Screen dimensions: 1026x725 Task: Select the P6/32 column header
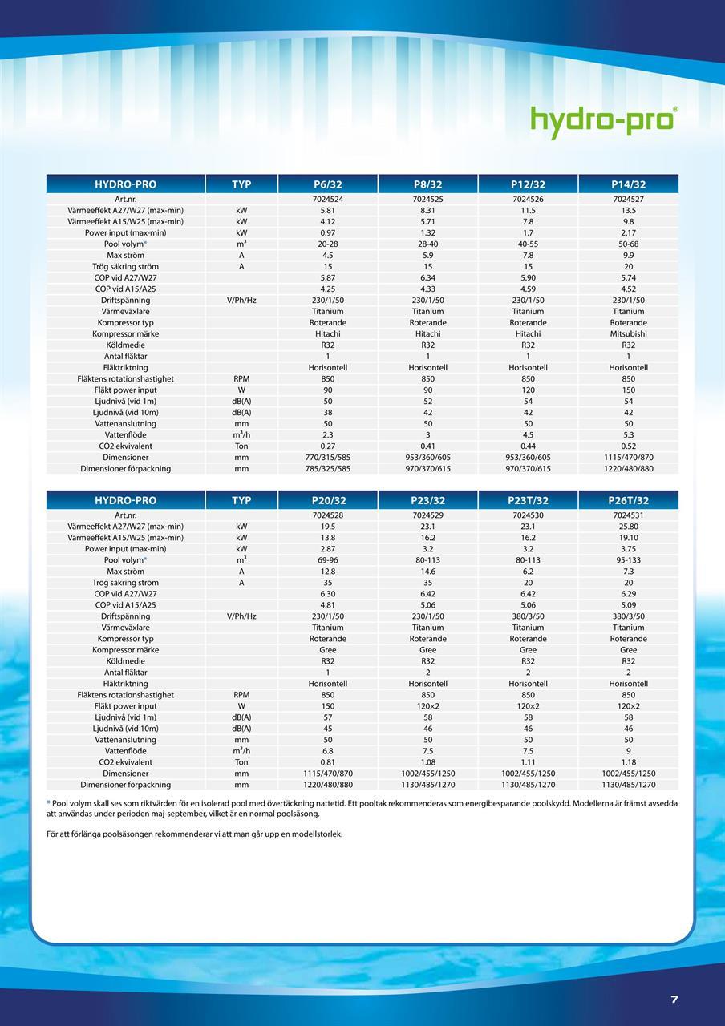327,184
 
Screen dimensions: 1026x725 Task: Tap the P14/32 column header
628,184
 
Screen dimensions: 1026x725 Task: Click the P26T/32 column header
628,500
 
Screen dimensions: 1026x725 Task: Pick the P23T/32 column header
528,500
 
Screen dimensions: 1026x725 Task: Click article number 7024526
528,199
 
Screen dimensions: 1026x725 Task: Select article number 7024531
628,515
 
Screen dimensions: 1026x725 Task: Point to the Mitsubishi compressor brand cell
628,333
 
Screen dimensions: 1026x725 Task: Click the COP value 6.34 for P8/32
427,277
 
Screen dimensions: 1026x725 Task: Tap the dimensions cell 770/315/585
327,457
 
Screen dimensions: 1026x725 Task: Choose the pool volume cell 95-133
628,559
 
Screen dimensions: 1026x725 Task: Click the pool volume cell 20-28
327,244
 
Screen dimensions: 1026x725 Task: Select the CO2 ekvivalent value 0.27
327,446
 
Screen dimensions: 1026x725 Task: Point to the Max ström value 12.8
327,571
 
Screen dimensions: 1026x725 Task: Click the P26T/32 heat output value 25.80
628,526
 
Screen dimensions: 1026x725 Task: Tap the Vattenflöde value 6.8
327,750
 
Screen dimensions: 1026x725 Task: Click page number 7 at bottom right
674,999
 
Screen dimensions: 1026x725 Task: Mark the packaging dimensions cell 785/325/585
327,468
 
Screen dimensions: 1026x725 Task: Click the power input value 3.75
628,548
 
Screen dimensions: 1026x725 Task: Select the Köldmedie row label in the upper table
125,345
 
